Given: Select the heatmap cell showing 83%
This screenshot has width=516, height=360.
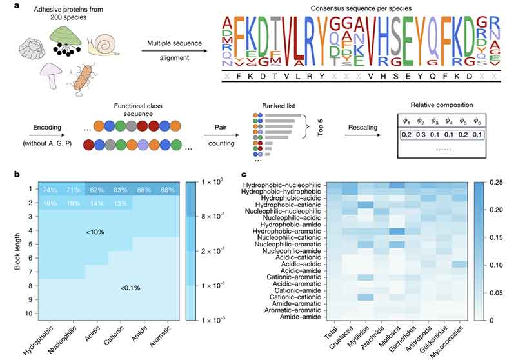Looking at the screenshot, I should coord(119,190).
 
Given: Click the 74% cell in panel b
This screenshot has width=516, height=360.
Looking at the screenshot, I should coord(48,190).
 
